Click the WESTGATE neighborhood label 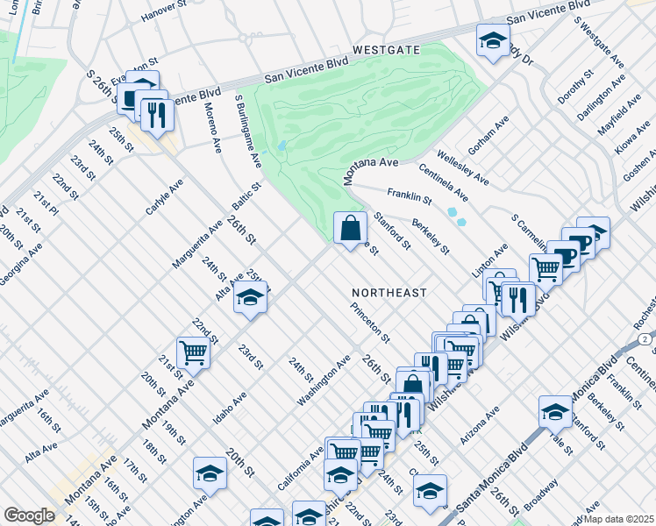pyautogui.click(x=388, y=51)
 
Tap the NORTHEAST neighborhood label pyautogui.click(x=389, y=293)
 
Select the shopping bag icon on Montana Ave pyautogui.click(x=350, y=230)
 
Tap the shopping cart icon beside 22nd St pyautogui.click(x=193, y=354)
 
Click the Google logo pyautogui.click(x=29, y=515)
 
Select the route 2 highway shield pyautogui.click(x=645, y=338)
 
